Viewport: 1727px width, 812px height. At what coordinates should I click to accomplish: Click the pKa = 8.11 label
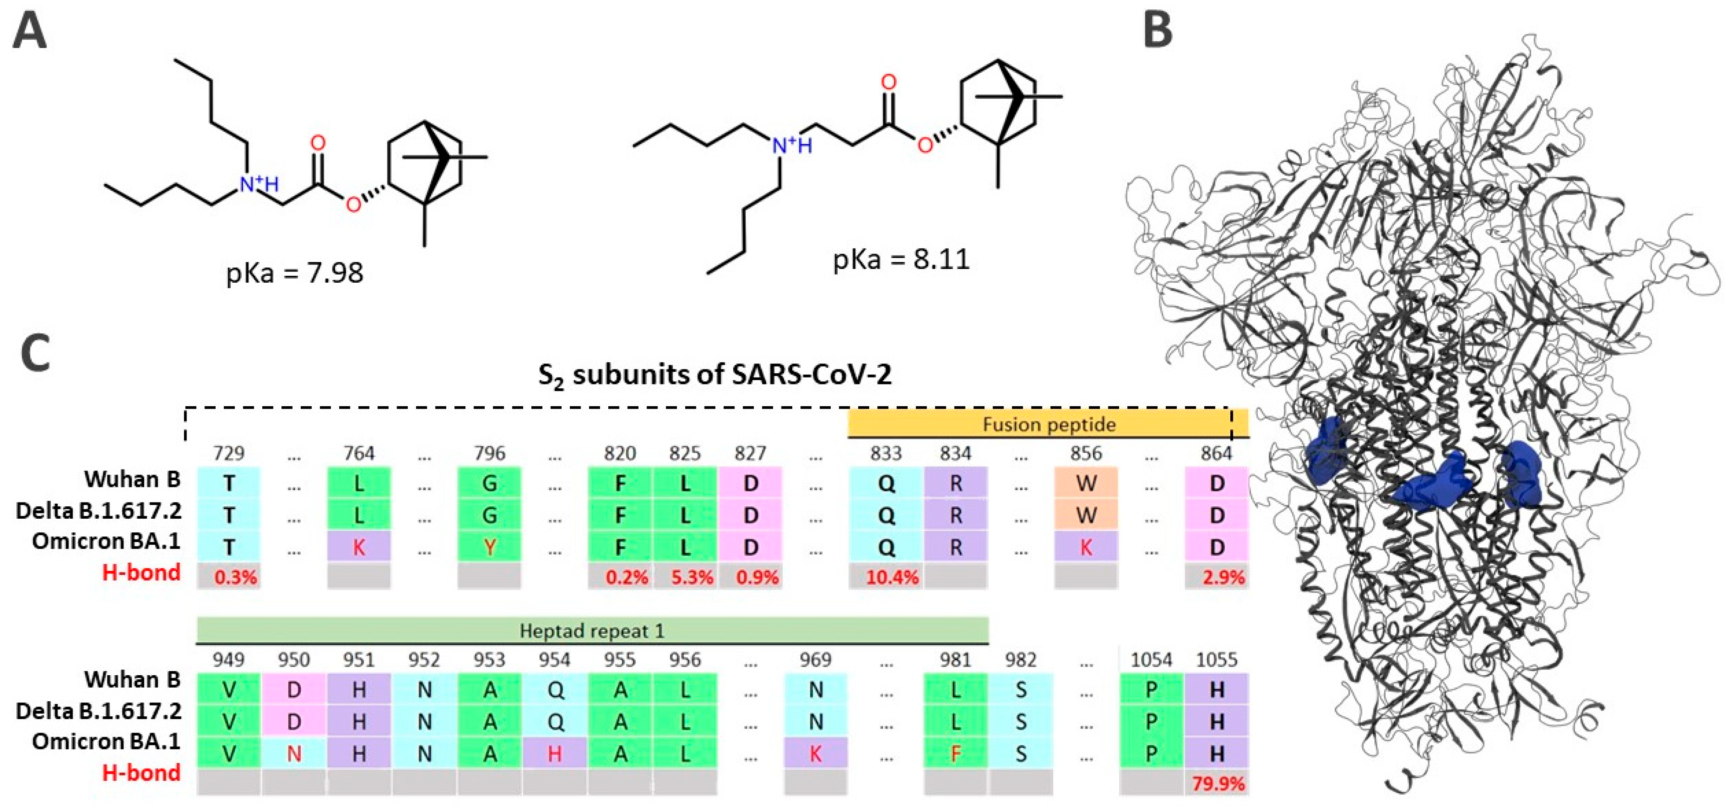tap(901, 259)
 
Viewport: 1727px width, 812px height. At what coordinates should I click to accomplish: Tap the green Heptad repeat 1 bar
tap(592, 630)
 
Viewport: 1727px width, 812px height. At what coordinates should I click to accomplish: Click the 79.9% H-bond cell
tap(1217, 782)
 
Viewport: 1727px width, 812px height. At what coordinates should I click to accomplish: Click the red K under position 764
tap(358, 547)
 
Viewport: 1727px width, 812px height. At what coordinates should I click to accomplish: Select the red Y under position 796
tap(489, 547)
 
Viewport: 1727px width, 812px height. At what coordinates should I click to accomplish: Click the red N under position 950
tap(293, 754)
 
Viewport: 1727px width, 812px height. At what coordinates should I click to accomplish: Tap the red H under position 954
tap(554, 754)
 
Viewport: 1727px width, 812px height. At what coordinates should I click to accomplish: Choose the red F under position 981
tap(955, 754)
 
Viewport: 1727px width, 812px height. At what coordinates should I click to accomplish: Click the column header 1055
tap(1216, 660)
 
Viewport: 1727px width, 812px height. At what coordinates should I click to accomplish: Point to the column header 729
tap(228, 454)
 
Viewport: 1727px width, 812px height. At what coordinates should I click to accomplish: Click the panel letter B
tap(1157, 30)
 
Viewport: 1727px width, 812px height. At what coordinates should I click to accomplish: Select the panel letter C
tap(35, 353)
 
